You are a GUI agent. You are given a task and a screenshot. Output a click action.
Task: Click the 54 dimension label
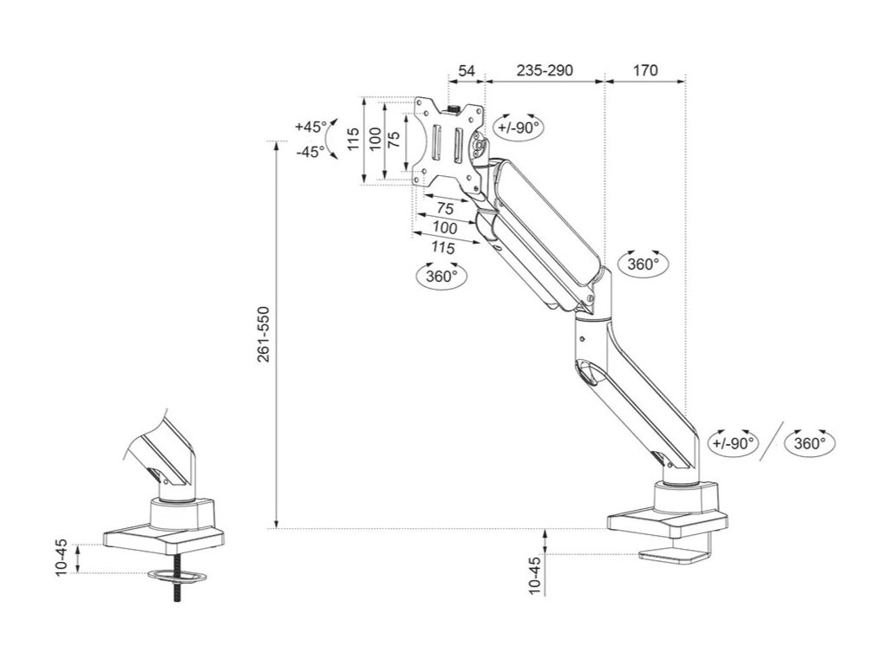[467, 71]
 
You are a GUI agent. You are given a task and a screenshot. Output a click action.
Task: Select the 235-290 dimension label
[544, 71]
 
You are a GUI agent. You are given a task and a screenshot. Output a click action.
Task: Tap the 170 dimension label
[645, 71]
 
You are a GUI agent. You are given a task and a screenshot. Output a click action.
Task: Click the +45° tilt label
[310, 127]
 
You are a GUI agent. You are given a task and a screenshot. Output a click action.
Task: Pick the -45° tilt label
[310, 151]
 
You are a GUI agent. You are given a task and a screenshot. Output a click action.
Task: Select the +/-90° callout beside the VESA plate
[519, 127]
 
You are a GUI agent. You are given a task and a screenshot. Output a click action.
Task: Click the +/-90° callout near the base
[730, 443]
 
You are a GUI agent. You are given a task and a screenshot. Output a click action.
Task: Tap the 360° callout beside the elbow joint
[643, 264]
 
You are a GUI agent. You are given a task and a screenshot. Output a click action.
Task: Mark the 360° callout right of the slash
[809, 443]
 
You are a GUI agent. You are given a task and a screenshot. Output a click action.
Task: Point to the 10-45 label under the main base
[534, 575]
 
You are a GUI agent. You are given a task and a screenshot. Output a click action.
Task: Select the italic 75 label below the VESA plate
[446, 209]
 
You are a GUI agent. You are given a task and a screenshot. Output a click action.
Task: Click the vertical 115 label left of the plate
[352, 140]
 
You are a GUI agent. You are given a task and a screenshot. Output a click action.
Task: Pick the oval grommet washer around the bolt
[177, 576]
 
